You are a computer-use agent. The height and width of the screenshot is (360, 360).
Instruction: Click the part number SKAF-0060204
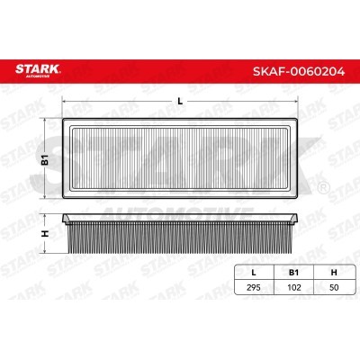(299, 71)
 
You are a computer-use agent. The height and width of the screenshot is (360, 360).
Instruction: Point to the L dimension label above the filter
(180, 102)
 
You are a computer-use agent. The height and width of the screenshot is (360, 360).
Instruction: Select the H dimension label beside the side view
(45, 233)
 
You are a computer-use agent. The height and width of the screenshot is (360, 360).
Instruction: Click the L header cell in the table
(254, 273)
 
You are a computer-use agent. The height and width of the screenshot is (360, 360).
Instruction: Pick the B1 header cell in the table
(293, 273)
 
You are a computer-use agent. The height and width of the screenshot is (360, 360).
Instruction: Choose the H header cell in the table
(334, 273)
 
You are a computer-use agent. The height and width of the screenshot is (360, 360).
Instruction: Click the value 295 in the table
(254, 287)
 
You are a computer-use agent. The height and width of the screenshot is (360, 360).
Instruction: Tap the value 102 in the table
(293, 287)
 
